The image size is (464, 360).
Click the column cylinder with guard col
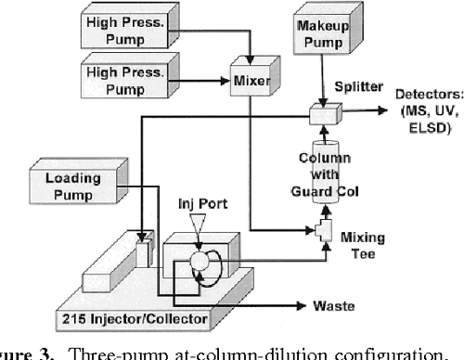[322, 173]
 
